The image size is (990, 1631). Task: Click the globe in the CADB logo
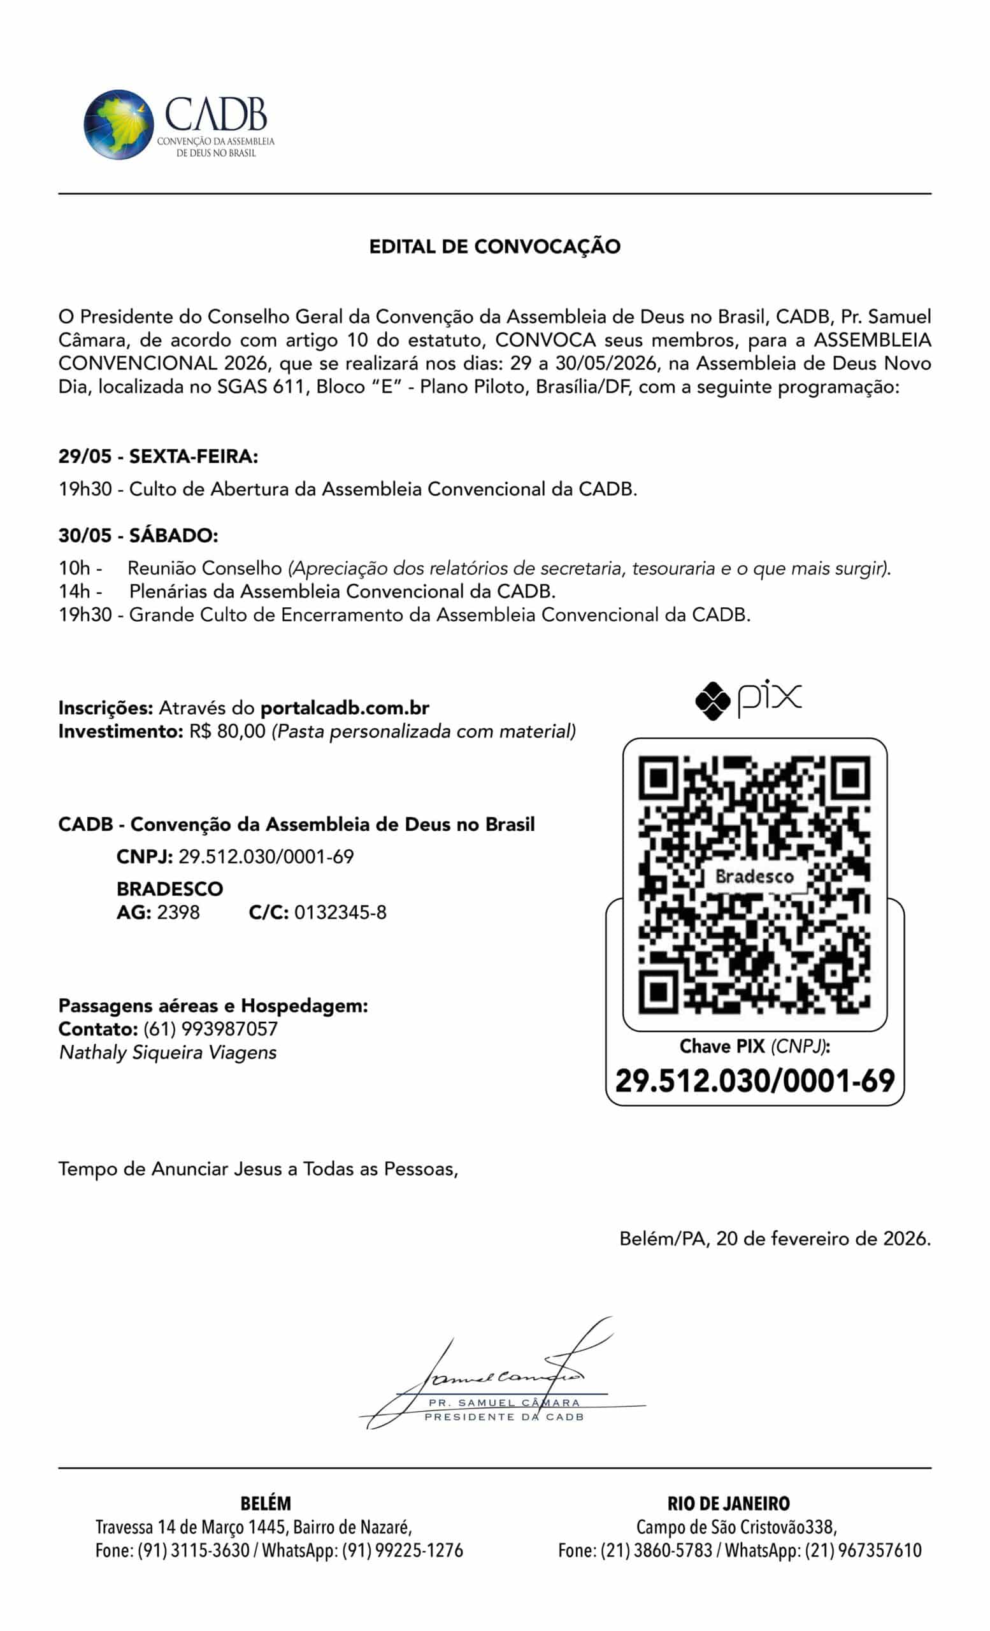coord(118,124)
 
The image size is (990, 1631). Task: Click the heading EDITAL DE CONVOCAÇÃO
coord(494,247)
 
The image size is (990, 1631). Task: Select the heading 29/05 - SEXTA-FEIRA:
coord(157,456)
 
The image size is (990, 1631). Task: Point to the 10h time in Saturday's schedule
coord(74,568)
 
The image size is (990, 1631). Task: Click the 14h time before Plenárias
coord(74,591)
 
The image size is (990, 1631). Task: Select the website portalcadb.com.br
coord(345,708)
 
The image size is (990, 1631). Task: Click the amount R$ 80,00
coord(227,731)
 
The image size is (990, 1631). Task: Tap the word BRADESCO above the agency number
coord(169,888)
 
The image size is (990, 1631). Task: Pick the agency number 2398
coord(178,912)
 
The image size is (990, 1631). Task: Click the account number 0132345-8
coord(340,912)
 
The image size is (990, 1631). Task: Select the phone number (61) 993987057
coord(210,1029)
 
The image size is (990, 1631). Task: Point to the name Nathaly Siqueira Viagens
coord(168,1053)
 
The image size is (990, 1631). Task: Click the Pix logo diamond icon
coord(712,700)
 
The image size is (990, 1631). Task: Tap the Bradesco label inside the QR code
coord(754,877)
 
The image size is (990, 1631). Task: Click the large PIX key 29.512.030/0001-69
coord(754,1081)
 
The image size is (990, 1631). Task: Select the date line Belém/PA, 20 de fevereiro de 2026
coord(774,1239)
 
